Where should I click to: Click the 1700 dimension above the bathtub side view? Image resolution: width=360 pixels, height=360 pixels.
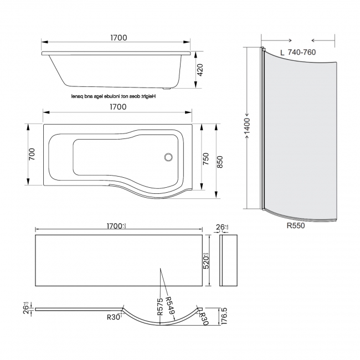(x=118, y=38)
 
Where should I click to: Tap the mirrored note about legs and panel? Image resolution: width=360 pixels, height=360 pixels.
(x=114, y=96)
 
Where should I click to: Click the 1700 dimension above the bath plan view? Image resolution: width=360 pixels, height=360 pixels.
(x=118, y=106)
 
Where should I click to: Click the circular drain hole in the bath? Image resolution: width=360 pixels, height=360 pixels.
(x=168, y=157)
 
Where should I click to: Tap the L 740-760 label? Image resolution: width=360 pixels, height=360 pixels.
(x=300, y=52)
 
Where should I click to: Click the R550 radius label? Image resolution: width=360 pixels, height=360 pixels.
(x=295, y=225)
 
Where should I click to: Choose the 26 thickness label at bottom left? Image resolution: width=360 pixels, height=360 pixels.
(x=26, y=308)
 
